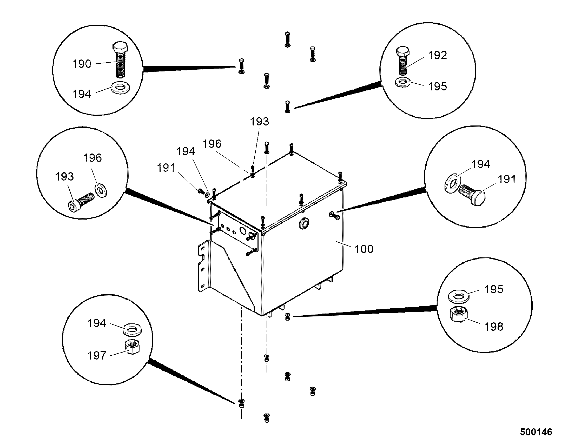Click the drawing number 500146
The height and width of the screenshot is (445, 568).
tap(536, 433)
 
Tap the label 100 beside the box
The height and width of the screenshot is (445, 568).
tap(364, 249)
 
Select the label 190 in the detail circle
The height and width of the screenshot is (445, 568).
tap(82, 64)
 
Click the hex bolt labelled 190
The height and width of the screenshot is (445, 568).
tap(120, 59)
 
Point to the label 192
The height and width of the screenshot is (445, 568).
tap(438, 55)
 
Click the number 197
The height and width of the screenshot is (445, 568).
tap(97, 356)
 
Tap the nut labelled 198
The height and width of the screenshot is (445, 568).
tap(458, 315)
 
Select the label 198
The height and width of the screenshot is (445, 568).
tap(494, 327)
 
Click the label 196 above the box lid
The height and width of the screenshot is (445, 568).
tap(212, 144)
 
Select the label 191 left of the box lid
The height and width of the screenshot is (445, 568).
tap(166, 168)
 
